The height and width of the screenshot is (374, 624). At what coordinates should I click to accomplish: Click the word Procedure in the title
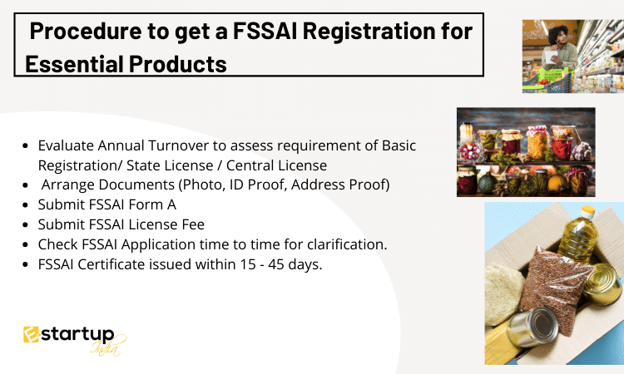click(86, 31)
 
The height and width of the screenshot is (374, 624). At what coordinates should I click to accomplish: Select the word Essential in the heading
click(73, 64)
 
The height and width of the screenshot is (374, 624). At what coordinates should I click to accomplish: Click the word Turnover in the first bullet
click(178, 145)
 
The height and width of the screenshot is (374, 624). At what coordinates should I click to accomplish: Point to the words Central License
click(276, 165)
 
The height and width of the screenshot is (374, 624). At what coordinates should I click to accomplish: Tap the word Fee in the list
click(193, 224)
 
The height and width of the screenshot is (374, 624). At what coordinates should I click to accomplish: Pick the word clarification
click(347, 244)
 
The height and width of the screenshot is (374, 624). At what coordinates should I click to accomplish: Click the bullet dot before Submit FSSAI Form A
click(26, 205)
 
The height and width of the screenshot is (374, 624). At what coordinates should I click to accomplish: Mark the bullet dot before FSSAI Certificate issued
click(26, 264)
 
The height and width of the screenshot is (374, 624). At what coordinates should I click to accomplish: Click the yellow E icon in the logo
click(31, 334)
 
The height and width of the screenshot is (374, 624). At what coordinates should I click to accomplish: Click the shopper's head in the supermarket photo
click(559, 35)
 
